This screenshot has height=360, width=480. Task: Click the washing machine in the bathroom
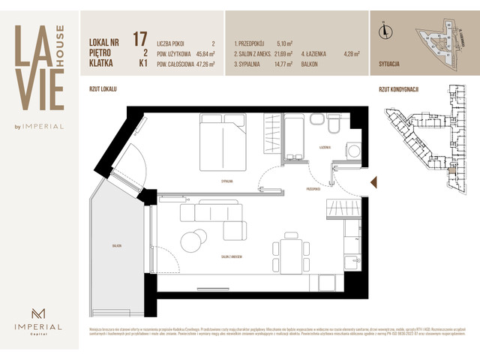tap(351, 151)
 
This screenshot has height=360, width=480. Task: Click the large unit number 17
tap(139, 39)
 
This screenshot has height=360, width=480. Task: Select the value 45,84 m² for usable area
tap(202, 54)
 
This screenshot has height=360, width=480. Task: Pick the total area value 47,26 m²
tap(202, 65)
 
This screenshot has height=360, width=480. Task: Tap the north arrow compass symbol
tap(384, 31)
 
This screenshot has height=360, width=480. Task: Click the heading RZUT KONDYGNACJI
tap(397, 89)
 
